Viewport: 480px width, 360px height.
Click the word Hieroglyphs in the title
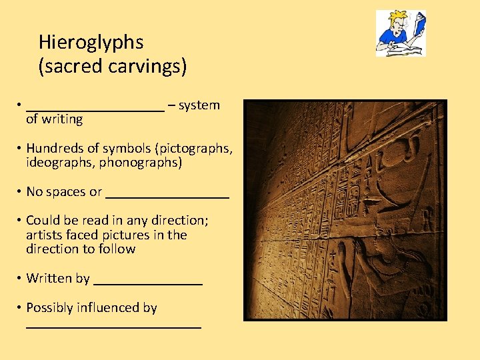pyautogui.click(x=91, y=43)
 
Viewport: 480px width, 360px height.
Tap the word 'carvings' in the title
pyautogui.click(x=146, y=67)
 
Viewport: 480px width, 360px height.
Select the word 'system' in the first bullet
pyautogui.click(x=199, y=105)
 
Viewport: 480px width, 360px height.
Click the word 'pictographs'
pyautogui.click(x=197, y=148)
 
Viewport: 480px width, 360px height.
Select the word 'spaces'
pyautogui.click(x=65, y=192)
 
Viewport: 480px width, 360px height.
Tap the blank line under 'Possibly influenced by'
pyautogui.click(x=113, y=326)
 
